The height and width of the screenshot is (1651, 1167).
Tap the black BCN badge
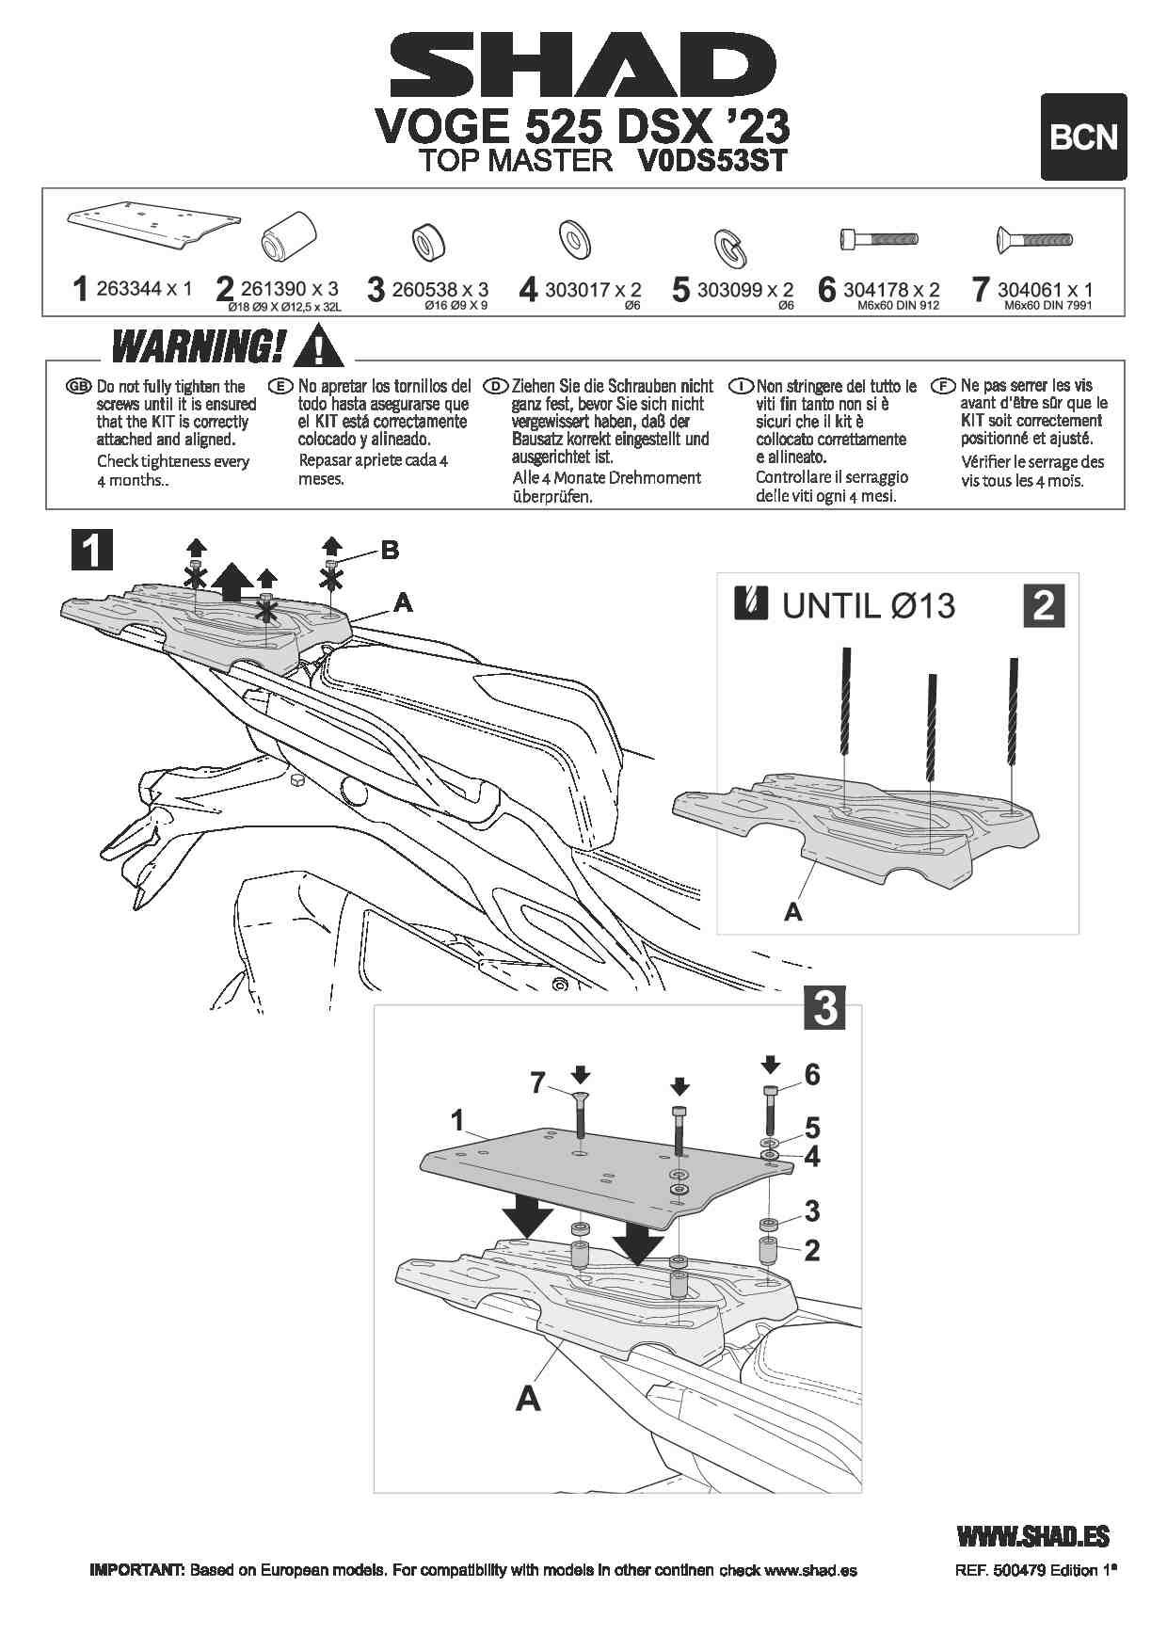coord(1083,137)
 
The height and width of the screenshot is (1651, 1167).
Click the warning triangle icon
coord(319,346)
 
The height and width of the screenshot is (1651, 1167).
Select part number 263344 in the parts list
coord(129,288)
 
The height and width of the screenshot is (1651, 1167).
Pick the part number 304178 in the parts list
coord(873,289)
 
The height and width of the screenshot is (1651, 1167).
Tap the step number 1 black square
coord(92,550)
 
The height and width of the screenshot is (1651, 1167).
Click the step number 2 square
coord(1044,605)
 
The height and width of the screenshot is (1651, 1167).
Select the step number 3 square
coord(824,1008)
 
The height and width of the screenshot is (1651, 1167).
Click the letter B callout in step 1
coord(390,551)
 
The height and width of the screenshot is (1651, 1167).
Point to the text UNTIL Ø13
coord(868,605)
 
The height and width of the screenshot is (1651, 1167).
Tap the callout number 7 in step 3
coord(537,1083)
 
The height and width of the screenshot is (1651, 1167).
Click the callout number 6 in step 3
coord(811,1074)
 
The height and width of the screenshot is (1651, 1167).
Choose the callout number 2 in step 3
coord(811,1250)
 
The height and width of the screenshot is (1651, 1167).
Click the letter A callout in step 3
coord(528,1399)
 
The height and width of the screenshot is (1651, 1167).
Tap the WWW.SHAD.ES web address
coord(1033,1537)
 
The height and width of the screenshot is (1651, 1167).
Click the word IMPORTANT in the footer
coord(136,1570)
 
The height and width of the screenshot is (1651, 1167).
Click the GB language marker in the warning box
coord(79,387)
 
